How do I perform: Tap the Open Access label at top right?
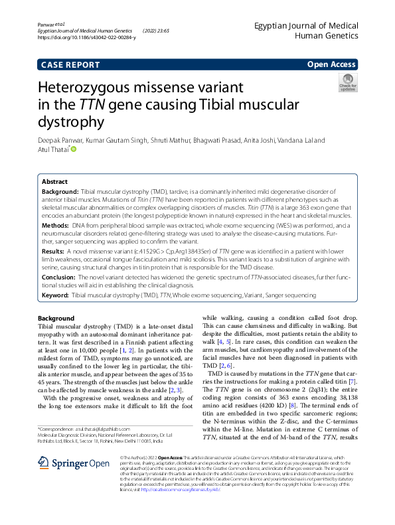tap(331, 65)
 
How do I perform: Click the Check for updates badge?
tap(348, 84)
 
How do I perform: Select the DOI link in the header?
tap(86, 38)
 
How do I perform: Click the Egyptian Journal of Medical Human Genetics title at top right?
tap(306, 29)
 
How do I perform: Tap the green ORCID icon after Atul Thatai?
tap(74, 149)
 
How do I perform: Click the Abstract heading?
tap(54, 181)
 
